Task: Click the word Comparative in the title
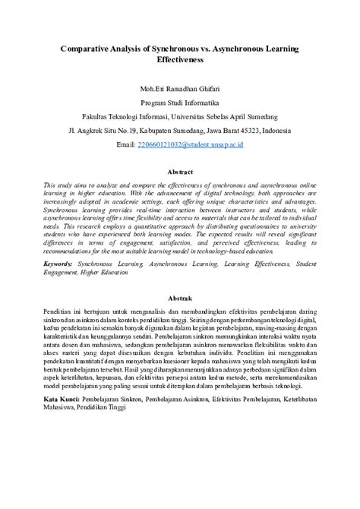coord(89,48)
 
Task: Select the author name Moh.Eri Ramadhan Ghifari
coord(179,87)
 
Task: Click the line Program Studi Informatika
coord(179,102)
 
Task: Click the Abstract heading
coord(179,172)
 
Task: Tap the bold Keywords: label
coord(58,262)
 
